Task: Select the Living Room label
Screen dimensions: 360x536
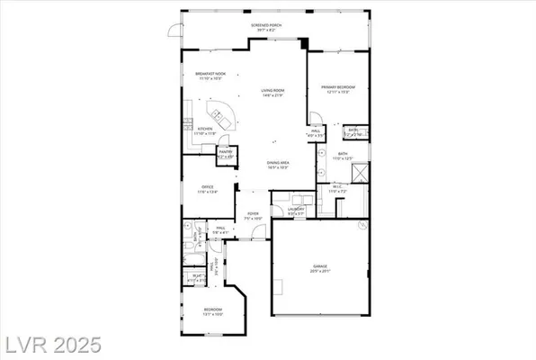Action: (x=273, y=91)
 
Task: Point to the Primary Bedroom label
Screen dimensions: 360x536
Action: (x=338, y=88)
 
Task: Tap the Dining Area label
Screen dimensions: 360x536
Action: (x=277, y=164)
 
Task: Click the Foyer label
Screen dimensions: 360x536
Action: (x=254, y=215)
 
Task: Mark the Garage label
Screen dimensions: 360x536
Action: (x=320, y=267)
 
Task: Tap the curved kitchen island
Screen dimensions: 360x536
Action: (x=220, y=116)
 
